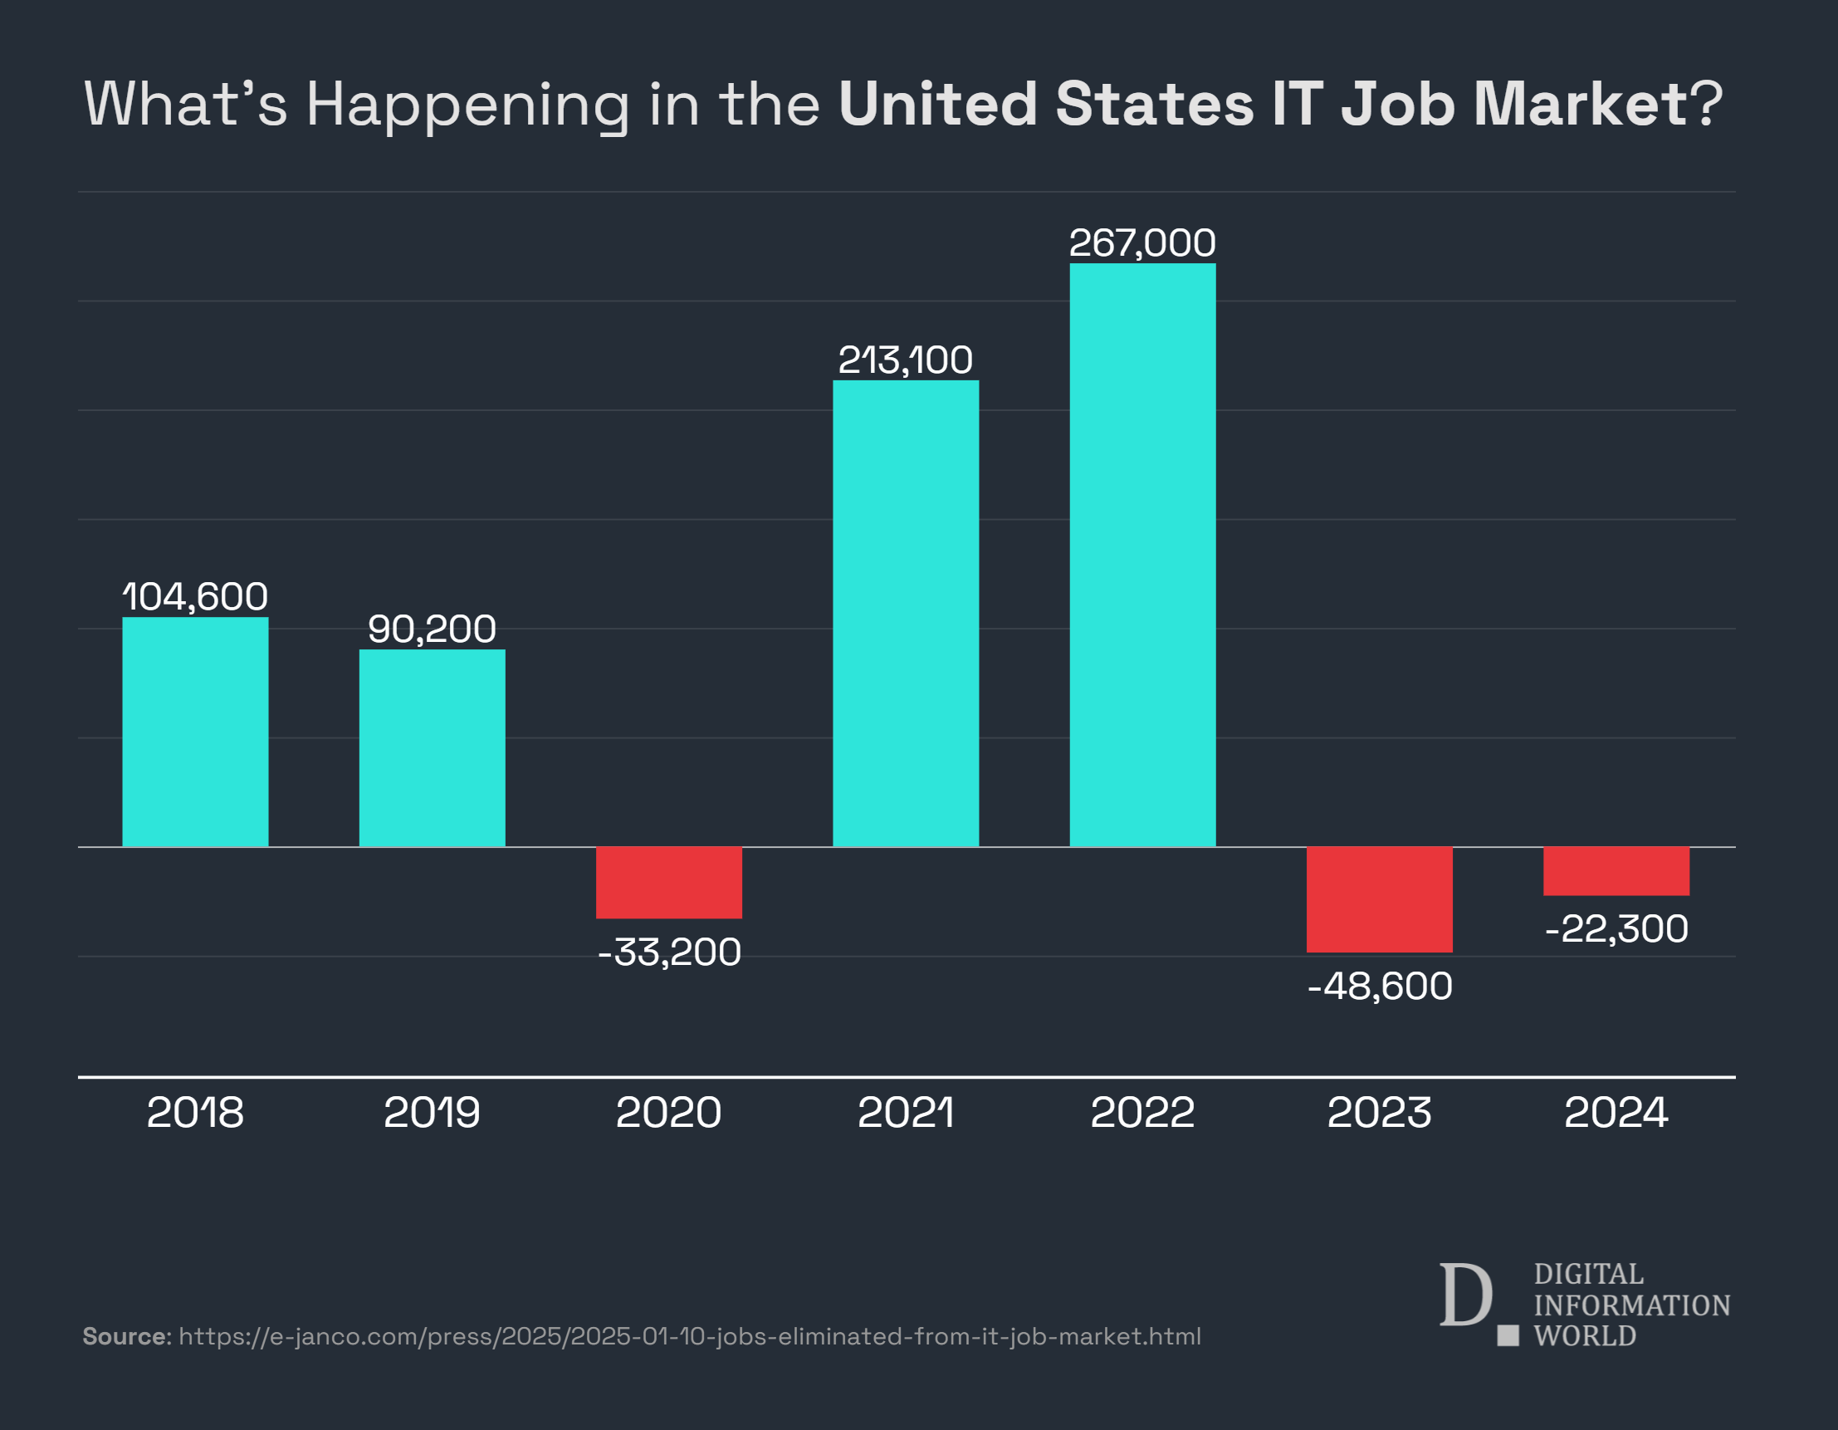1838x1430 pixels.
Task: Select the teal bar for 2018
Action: (x=195, y=732)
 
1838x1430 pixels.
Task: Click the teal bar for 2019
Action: (x=432, y=747)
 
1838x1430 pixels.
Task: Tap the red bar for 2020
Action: (x=669, y=882)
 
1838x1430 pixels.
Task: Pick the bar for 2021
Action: (x=906, y=613)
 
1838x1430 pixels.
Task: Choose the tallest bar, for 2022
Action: (x=1142, y=555)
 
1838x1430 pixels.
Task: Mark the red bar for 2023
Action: (x=1380, y=899)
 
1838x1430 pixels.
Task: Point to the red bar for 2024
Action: (x=1616, y=870)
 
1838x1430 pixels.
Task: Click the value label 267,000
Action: (x=1142, y=243)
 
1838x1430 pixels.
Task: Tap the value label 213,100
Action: (x=906, y=360)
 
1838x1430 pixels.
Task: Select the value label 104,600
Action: (x=195, y=597)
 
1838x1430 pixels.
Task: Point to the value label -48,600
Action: (x=1380, y=987)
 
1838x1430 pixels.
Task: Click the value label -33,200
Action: (x=669, y=953)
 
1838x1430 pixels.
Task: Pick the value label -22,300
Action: (x=1616, y=929)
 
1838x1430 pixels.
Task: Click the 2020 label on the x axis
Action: (x=669, y=1113)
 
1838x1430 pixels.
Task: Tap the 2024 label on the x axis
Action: (x=1616, y=1113)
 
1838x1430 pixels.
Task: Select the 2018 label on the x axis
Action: (x=195, y=1113)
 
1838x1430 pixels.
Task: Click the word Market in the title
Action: (x=1580, y=105)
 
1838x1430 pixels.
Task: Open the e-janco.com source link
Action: (x=689, y=1336)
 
